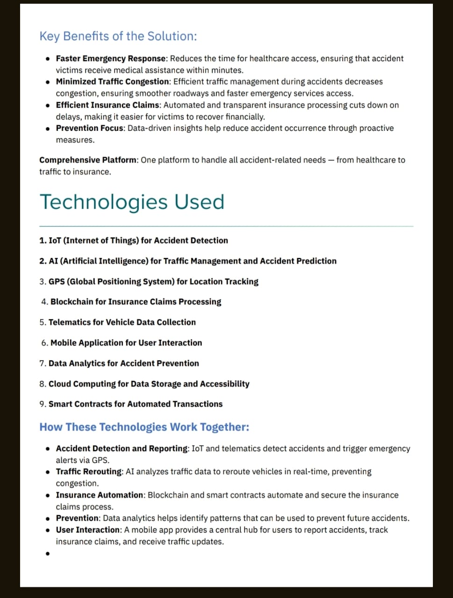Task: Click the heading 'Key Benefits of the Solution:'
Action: point(118,36)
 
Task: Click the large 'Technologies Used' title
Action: point(132,202)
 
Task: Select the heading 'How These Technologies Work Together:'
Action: point(144,427)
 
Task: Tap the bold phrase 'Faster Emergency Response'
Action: point(111,58)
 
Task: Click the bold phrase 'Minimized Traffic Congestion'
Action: point(112,82)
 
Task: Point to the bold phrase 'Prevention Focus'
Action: point(90,128)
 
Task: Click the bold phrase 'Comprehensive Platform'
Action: point(88,160)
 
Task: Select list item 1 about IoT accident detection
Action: point(134,241)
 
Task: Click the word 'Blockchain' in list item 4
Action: point(72,302)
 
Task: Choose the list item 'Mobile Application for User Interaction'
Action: point(126,343)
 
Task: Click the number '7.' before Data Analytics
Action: point(43,363)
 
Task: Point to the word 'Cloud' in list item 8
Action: point(60,384)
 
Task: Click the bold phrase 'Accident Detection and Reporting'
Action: point(122,448)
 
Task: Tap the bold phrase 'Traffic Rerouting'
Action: point(89,472)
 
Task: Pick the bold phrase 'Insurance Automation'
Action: point(100,495)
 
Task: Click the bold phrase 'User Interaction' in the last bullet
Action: point(88,530)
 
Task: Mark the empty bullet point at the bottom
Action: point(48,554)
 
